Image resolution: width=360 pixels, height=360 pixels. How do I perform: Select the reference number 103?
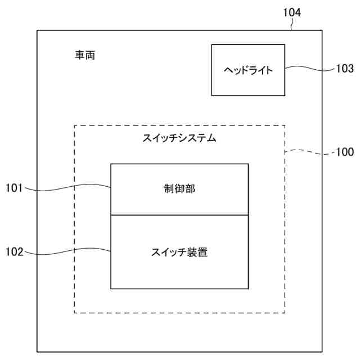click(345, 69)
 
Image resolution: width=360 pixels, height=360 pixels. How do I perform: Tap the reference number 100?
click(344, 152)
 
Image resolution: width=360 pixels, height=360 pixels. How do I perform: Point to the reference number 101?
click(14, 188)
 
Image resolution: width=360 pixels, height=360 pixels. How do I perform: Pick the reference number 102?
click(14, 252)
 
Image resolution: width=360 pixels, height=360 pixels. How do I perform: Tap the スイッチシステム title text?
click(179, 138)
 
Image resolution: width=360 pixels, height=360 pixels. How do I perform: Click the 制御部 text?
click(179, 189)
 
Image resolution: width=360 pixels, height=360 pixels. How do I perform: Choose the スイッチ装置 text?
click(179, 252)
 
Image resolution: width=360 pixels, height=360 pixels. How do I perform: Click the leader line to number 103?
click(310, 69)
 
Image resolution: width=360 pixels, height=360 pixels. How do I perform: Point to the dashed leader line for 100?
click(309, 151)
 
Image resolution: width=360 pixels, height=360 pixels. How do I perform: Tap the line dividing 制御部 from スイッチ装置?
click(179, 215)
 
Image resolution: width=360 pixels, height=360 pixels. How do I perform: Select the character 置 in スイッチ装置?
click(202, 252)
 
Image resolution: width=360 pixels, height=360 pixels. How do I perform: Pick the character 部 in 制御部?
click(190, 189)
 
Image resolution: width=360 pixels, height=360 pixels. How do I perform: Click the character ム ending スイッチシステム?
click(211, 138)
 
